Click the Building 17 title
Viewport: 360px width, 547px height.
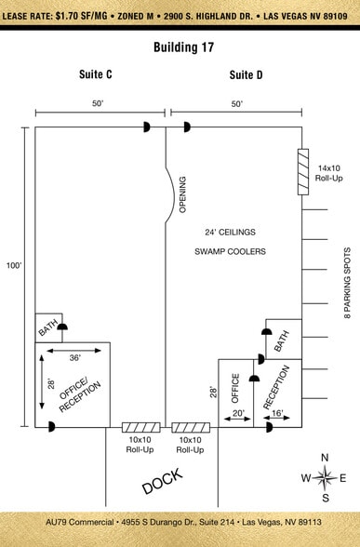coord(184,47)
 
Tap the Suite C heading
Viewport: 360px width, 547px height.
coord(96,74)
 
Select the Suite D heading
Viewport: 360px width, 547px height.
coord(246,74)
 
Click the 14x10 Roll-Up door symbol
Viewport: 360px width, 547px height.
coord(303,171)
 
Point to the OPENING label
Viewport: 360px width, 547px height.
coord(182,194)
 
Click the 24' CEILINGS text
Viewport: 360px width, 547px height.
coord(230,232)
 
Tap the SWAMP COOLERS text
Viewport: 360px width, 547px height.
coord(230,251)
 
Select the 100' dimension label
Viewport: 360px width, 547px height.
coord(14,265)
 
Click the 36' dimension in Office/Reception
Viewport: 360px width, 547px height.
coord(74,357)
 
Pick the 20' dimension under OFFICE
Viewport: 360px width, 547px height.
coord(238,413)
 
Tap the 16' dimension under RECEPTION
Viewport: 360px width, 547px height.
coord(277,413)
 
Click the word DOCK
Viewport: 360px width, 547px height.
coord(163,481)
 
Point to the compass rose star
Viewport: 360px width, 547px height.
coord(326,477)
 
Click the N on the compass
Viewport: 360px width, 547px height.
coord(325,458)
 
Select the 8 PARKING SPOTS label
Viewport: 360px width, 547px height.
coord(348,283)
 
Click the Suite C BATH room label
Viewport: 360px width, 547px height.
coord(47,327)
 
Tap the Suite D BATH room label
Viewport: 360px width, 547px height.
coord(282,341)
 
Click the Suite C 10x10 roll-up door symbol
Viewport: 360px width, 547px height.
coord(141,427)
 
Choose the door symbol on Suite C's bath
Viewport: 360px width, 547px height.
coord(63,327)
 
